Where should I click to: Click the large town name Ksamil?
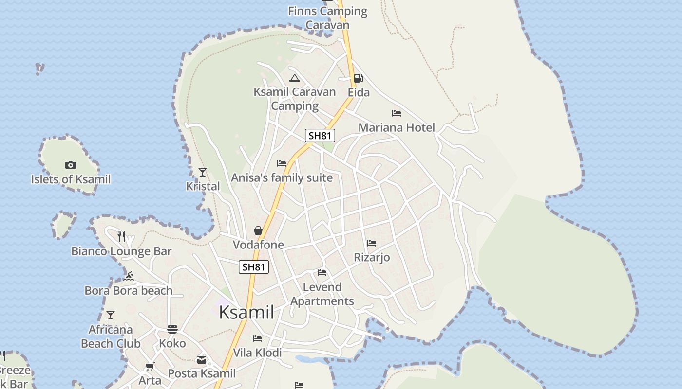246,312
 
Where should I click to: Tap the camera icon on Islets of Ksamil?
71,165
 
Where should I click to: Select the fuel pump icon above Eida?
358,78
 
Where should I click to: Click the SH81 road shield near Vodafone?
254,266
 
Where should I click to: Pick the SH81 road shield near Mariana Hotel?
320,136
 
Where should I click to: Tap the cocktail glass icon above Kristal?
203,172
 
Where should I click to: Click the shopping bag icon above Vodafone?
258,230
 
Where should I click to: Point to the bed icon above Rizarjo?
372,243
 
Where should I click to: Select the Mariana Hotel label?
397,127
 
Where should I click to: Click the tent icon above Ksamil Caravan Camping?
294,78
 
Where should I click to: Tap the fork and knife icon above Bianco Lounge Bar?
121,237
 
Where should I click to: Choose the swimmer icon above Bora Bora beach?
129,276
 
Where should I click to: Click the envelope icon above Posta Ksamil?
202,360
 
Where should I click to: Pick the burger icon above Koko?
172,329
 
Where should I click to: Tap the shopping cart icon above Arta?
150,366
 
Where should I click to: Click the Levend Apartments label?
322,294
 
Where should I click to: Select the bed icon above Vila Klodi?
257,338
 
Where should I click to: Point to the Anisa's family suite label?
282,177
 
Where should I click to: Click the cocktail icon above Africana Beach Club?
111,315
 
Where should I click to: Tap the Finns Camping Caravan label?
327,18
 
